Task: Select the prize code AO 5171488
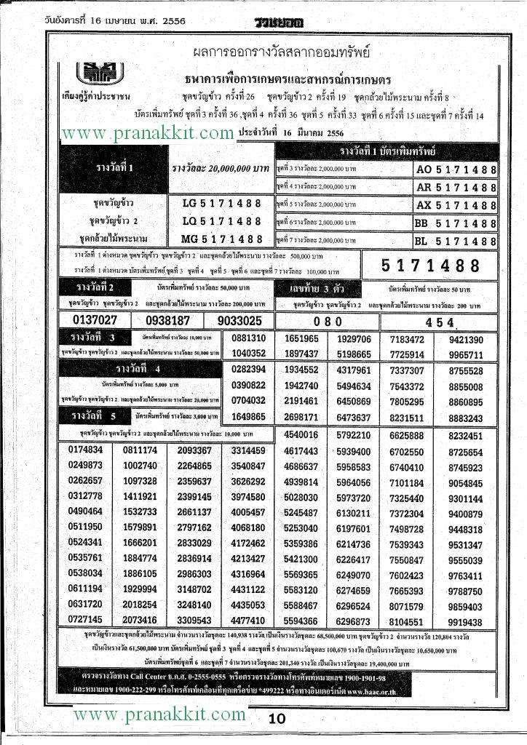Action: pos(456,170)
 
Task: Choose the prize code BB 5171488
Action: pos(456,223)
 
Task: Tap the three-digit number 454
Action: pos(440,321)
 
